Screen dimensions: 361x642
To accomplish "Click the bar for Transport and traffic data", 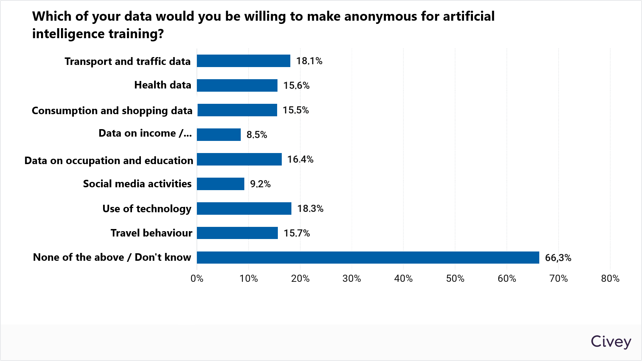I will click(x=244, y=61).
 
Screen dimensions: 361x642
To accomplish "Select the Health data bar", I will click(x=237, y=86).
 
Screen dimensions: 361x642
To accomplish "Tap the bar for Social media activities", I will click(x=220, y=184).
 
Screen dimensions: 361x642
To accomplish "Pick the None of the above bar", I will click(x=368, y=258).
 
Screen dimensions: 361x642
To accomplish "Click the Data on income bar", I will click(x=219, y=135).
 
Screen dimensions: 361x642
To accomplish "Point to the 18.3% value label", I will click(x=310, y=209).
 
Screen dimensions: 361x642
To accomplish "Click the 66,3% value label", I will click(x=558, y=258).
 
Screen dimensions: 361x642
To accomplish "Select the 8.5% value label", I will click(x=257, y=135).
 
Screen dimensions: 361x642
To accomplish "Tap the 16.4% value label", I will click(x=300, y=159).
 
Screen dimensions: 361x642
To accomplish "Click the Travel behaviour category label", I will click(x=151, y=233).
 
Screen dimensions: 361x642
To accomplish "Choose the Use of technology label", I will click(x=147, y=209).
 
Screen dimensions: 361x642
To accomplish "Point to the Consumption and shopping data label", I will click(x=112, y=111).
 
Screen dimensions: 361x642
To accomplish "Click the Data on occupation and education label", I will click(x=109, y=161).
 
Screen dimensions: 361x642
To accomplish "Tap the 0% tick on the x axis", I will click(x=197, y=279).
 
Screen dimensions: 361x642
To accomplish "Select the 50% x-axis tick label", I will click(x=455, y=279).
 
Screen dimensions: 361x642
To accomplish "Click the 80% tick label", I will click(x=610, y=279).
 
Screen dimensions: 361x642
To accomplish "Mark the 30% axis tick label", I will click(x=352, y=279).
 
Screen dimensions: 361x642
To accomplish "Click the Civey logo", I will click(x=611, y=342).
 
